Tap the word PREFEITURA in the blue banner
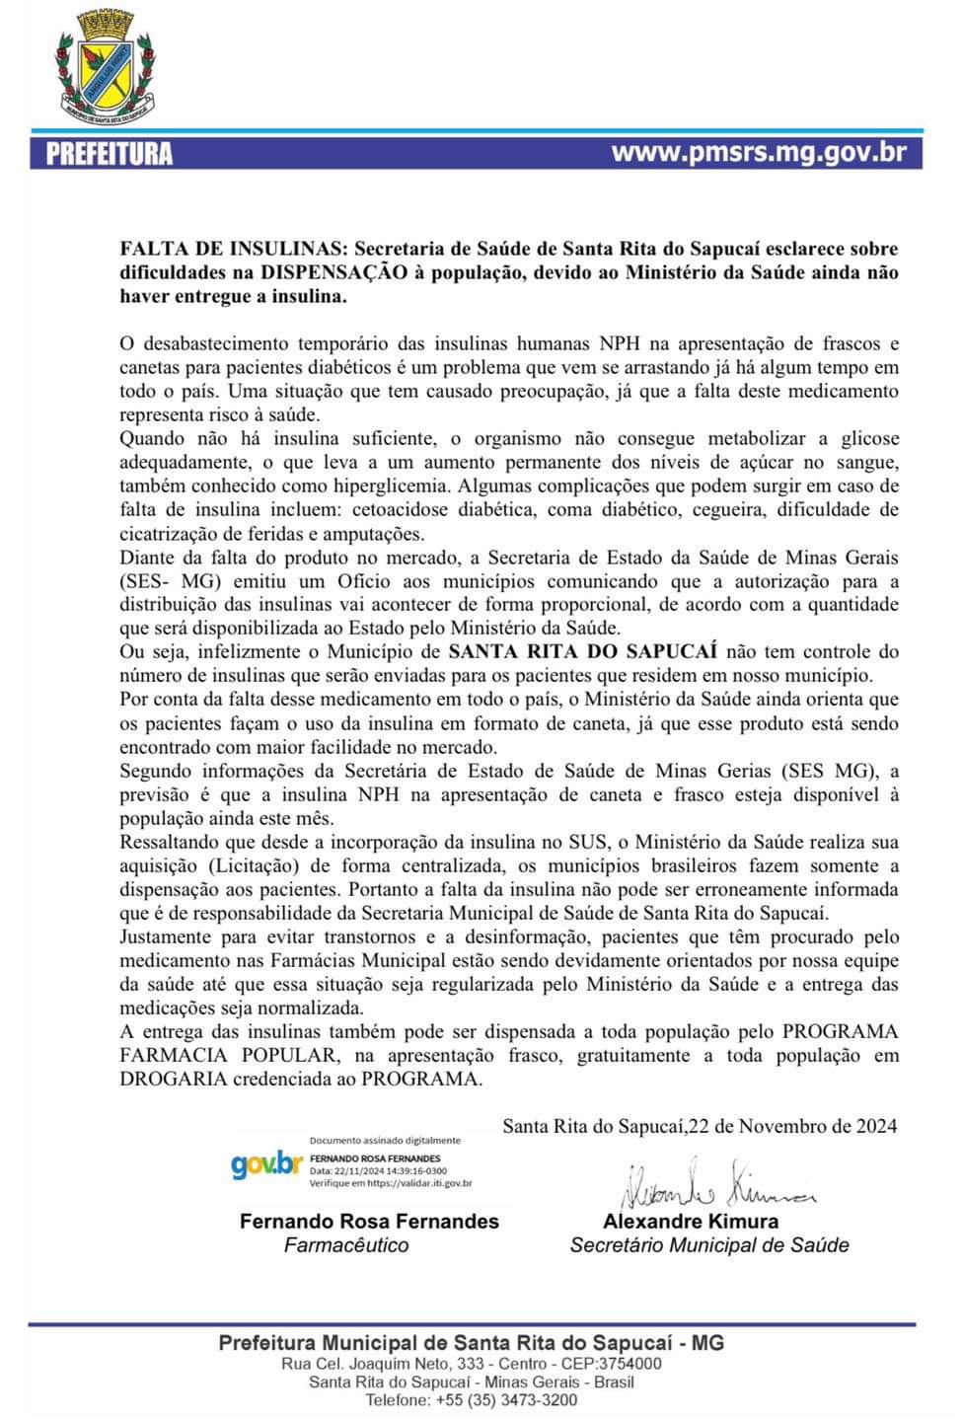click(110, 154)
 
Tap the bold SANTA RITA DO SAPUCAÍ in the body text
click(582, 651)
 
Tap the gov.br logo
click(266, 1164)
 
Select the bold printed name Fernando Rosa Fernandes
click(369, 1222)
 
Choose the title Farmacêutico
click(346, 1245)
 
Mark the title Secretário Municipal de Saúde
click(709, 1245)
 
